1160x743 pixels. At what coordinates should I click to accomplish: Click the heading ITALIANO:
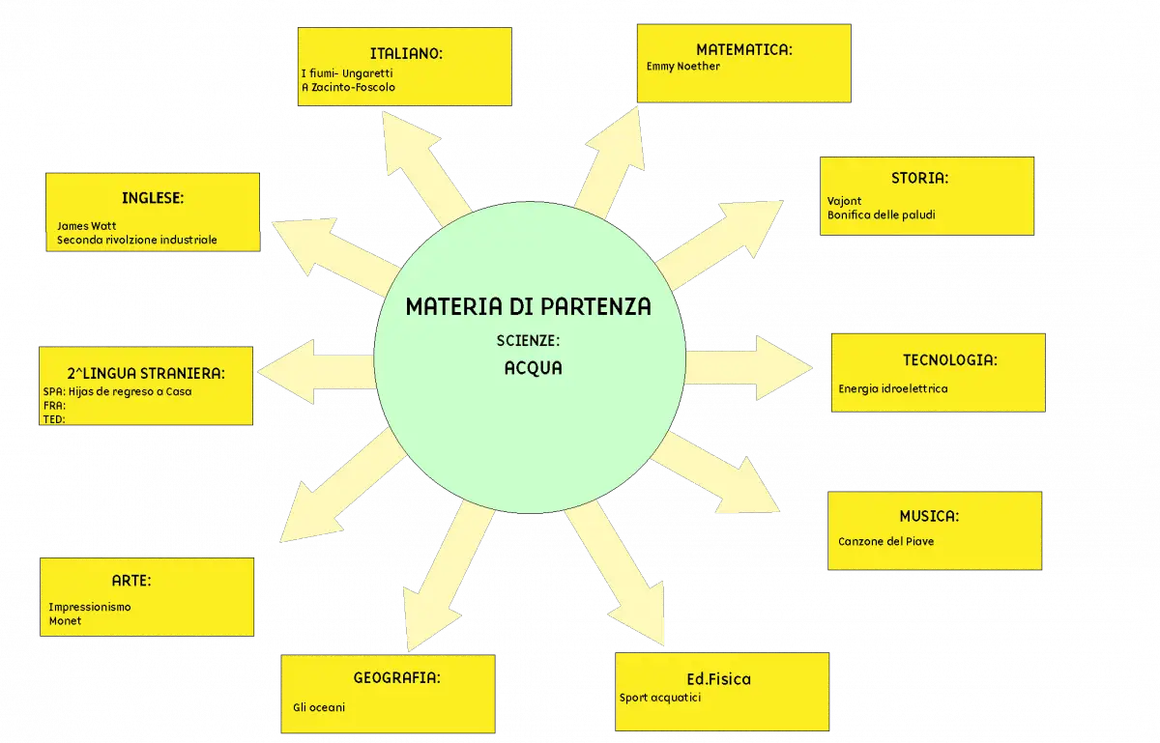(x=406, y=54)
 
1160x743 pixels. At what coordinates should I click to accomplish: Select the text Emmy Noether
(x=683, y=67)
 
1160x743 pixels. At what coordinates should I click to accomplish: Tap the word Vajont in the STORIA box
(x=844, y=201)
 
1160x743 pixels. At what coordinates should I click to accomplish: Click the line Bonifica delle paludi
(x=881, y=214)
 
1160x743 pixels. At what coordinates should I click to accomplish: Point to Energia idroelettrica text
(x=893, y=388)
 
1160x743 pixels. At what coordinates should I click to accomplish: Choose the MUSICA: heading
(x=929, y=516)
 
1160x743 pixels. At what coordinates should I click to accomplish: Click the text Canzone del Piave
(x=886, y=542)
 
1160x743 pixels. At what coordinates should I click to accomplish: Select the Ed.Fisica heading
(x=719, y=679)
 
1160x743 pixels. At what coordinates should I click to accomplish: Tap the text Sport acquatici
(x=660, y=698)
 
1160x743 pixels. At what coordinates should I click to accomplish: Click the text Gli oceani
(x=319, y=708)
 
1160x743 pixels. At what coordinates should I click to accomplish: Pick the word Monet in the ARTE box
(x=66, y=621)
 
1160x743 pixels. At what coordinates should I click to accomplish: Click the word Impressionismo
(x=90, y=608)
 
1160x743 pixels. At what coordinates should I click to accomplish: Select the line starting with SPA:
(x=118, y=392)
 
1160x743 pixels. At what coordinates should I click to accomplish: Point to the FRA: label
(x=54, y=406)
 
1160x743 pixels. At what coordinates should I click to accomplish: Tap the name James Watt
(x=86, y=226)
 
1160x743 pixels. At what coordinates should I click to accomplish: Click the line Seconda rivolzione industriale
(x=136, y=241)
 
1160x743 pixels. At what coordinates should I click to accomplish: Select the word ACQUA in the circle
(x=534, y=368)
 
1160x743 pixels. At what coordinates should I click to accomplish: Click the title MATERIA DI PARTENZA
(x=528, y=306)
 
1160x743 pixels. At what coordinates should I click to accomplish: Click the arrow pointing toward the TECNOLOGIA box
(x=749, y=367)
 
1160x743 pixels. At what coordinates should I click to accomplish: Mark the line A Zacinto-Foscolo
(x=349, y=88)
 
